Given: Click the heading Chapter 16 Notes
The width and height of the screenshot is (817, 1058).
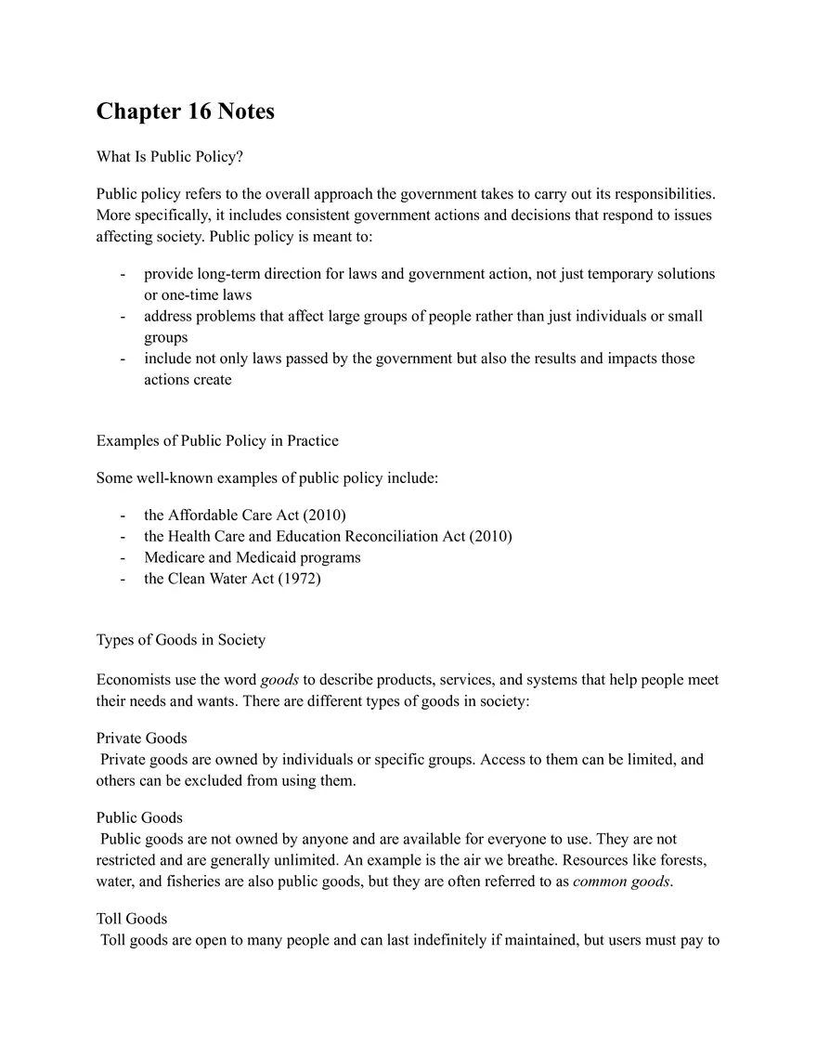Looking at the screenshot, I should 185,112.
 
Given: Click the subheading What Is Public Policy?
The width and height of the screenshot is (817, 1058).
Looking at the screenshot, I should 169,157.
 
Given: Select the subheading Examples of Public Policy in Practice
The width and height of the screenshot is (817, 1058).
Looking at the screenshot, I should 217,440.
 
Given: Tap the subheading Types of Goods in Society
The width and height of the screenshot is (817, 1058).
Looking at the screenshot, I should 180,640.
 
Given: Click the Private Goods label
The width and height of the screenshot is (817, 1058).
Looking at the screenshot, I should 141,738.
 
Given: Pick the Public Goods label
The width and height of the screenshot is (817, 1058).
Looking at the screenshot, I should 139,818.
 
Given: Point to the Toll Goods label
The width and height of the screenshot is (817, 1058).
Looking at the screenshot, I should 132,920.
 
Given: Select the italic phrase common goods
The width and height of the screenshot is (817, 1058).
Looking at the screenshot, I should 621,882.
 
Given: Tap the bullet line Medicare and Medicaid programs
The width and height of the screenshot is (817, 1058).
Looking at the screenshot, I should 253,557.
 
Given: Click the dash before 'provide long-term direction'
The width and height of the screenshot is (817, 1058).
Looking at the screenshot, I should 123,275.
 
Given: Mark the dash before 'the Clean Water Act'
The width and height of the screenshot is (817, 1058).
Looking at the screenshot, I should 123,579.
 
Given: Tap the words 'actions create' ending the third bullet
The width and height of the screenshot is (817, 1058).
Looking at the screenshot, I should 188,380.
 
